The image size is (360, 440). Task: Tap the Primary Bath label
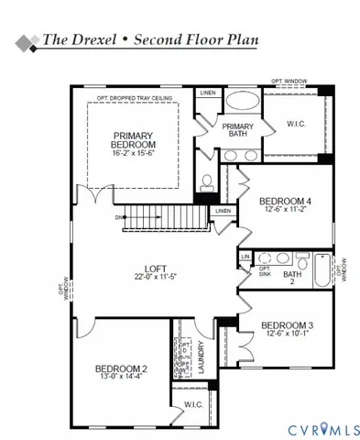pos(237,130)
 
